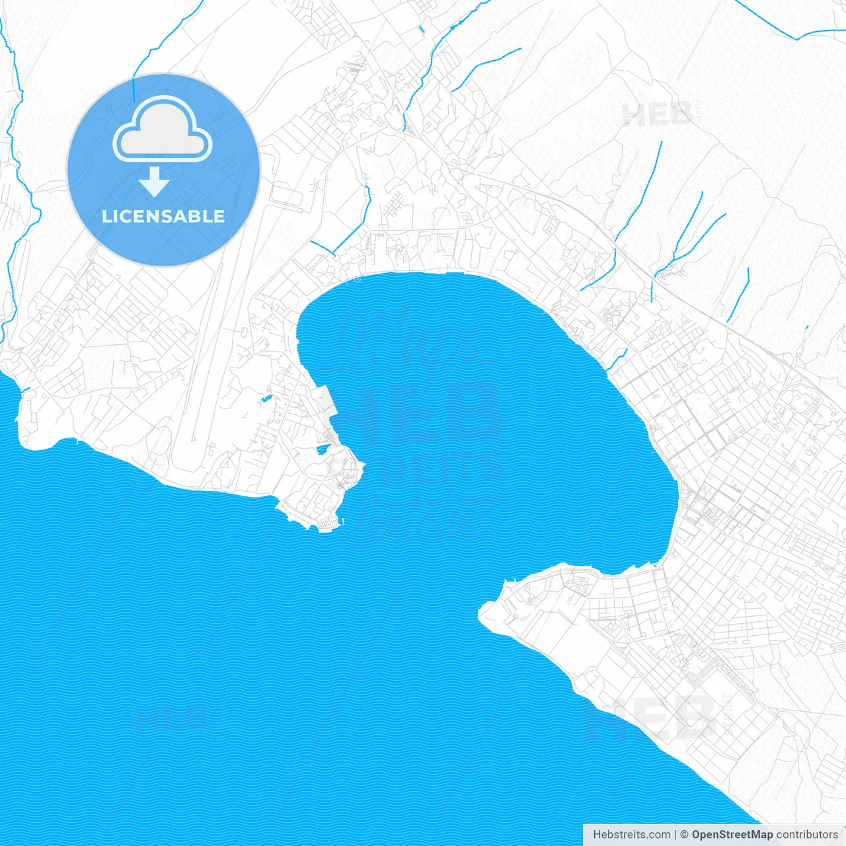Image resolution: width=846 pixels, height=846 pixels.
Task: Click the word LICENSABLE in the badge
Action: tap(163, 216)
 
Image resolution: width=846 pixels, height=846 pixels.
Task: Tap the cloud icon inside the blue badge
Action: tap(163, 130)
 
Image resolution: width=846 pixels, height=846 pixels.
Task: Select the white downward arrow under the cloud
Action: tap(155, 182)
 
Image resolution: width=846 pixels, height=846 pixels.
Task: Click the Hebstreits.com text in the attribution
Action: tap(631, 835)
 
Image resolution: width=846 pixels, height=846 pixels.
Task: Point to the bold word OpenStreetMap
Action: tap(732, 835)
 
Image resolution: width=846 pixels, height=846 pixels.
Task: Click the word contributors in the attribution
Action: tap(807, 835)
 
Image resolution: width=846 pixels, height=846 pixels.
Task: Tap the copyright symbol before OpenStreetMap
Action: tap(684, 835)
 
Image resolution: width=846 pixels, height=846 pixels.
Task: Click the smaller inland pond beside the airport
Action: tap(266, 399)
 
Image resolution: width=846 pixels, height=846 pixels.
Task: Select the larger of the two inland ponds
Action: tap(323, 449)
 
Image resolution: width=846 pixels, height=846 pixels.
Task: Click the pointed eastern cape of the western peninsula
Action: tap(362, 468)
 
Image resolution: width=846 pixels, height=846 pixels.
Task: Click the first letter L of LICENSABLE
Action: tap(106, 216)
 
